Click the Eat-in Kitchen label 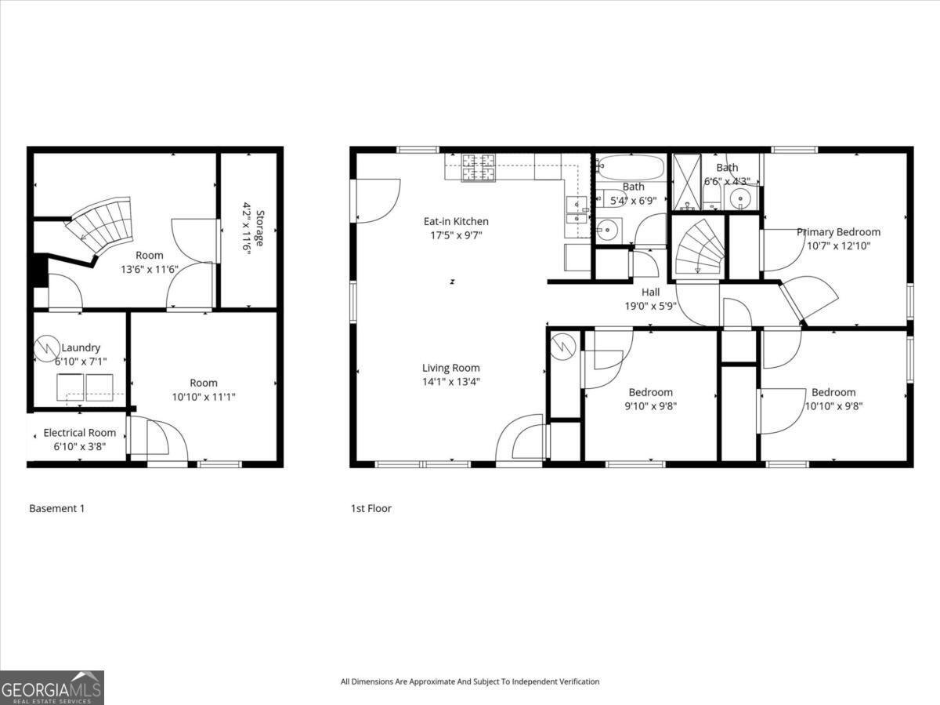(x=456, y=222)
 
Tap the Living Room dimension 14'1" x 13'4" (x=450, y=382)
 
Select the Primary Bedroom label (x=838, y=232)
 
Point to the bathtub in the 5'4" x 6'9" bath (x=630, y=167)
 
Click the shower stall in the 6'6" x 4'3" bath (x=689, y=181)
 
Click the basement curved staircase (x=102, y=223)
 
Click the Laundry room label (x=80, y=347)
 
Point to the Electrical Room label (x=79, y=433)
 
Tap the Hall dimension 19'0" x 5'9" (x=650, y=307)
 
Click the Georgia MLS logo (x=52, y=687)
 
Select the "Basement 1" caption (x=56, y=508)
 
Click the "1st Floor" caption (x=371, y=508)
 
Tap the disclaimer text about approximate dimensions (x=469, y=681)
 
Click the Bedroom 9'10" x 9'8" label (x=650, y=392)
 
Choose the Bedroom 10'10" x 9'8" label (x=833, y=392)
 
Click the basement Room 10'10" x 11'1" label (x=204, y=383)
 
